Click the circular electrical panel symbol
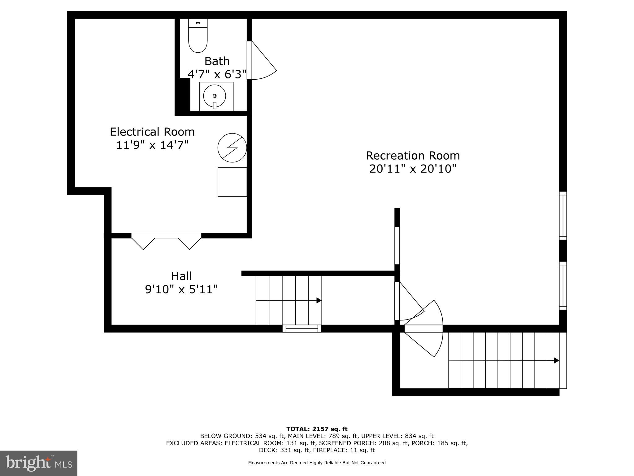click(232, 148)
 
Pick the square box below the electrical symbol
click(232, 182)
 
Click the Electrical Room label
click(152, 132)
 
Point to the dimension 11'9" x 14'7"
click(152, 145)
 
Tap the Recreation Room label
click(413, 155)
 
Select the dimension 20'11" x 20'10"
click(413, 169)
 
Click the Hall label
click(181, 276)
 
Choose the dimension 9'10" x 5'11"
click(181, 289)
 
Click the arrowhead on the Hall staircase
click(319, 300)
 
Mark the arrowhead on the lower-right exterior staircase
click(556, 360)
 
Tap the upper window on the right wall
click(563, 215)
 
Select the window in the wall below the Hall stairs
click(302, 328)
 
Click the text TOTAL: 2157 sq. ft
click(317, 429)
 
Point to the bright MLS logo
click(39, 463)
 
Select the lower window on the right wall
click(563, 285)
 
